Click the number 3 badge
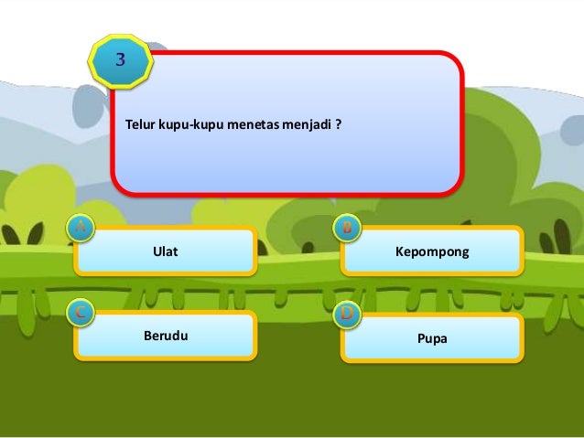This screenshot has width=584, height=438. point(120,60)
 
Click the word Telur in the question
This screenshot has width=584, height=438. point(140,122)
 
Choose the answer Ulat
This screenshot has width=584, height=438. point(165,251)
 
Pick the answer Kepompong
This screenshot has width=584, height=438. point(431,251)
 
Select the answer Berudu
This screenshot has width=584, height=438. point(166,336)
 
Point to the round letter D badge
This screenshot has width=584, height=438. point(348,315)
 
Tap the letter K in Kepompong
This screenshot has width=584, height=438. point(399,251)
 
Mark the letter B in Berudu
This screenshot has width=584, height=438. point(148,336)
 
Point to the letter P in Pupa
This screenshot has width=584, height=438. point(421,337)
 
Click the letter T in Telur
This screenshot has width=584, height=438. point(128,122)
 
